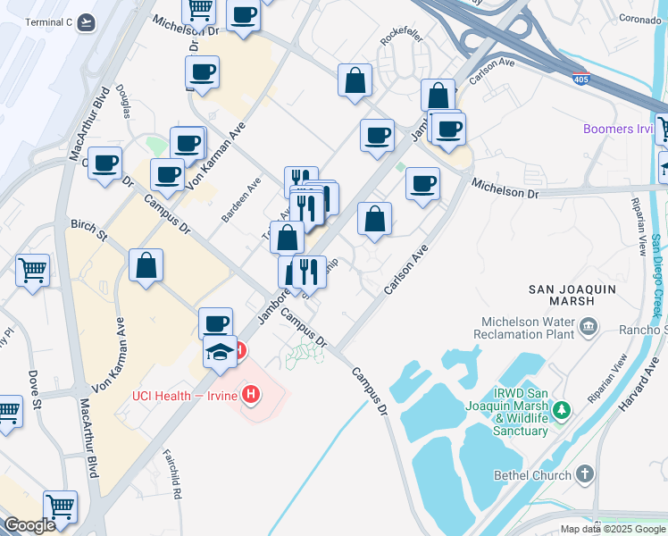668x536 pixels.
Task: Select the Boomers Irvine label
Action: (x=619, y=129)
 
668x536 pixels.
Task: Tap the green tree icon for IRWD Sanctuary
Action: (x=561, y=411)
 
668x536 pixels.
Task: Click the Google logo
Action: (x=29, y=525)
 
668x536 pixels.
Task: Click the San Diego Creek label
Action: (x=656, y=277)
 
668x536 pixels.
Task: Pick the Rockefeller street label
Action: (x=399, y=40)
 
